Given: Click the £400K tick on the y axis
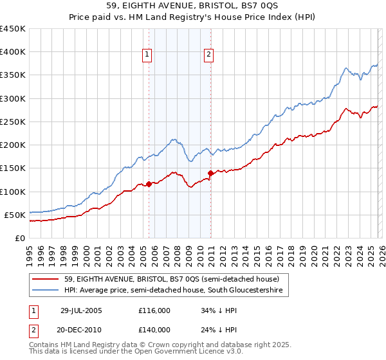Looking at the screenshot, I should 13,52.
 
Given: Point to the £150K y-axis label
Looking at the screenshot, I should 13,168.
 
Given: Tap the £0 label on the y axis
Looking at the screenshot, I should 20,238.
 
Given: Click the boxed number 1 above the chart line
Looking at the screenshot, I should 148,55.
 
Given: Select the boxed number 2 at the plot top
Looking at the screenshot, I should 210,55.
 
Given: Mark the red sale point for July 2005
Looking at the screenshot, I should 149,184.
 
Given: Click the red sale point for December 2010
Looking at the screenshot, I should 210,173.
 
